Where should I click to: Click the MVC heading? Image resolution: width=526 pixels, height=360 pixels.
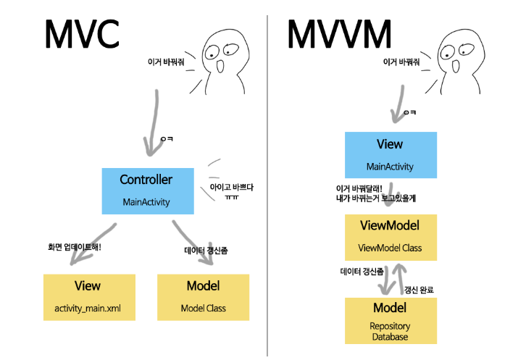(80, 33)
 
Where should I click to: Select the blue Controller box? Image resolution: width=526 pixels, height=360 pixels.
(148, 191)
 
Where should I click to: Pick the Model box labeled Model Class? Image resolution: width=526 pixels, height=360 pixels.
(203, 297)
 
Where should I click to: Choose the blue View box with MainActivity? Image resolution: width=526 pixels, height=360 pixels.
(390, 155)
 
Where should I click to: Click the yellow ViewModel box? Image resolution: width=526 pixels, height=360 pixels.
(390, 237)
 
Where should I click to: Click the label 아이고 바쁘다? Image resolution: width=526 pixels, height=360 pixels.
(231, 186)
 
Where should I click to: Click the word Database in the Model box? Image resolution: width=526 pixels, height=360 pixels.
(390, 336)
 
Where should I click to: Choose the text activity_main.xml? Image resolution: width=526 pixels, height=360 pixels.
(87, 308)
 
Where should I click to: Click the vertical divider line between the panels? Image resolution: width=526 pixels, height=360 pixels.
(267, 181)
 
